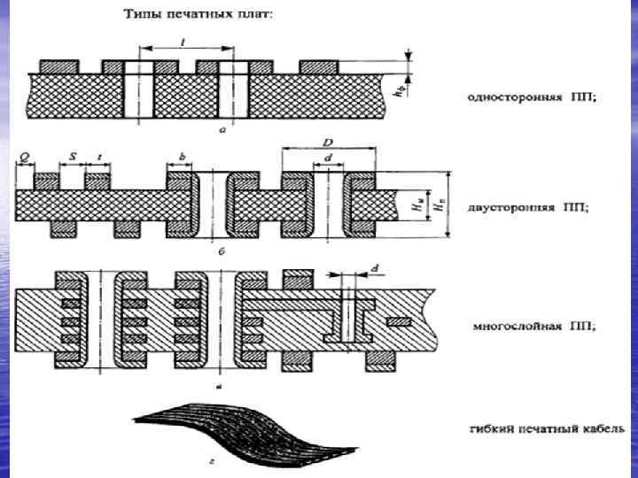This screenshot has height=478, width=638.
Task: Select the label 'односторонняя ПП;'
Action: (532, 96)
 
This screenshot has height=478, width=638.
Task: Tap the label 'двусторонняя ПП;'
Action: (532, 207)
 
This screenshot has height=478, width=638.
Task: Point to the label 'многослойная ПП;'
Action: (533, 325)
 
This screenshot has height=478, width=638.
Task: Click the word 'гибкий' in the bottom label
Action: (489, 429)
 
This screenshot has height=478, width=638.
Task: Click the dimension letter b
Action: (182, 156)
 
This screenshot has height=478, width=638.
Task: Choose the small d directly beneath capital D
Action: (329, 158)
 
